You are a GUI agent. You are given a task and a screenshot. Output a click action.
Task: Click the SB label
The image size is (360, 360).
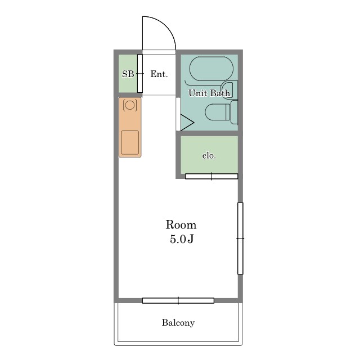point(128,74)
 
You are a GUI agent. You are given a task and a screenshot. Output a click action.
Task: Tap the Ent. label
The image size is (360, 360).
point(159,74)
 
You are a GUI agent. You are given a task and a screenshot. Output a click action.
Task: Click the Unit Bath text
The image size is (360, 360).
point(209,93)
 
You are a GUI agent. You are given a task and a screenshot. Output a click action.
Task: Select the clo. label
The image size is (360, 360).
point(209,156)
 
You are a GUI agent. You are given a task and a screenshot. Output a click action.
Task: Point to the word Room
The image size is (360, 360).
point(181,224)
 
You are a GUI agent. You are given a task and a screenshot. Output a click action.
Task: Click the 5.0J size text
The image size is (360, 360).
point(182,239)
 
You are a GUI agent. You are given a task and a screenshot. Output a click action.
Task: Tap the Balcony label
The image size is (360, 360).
point(178,322)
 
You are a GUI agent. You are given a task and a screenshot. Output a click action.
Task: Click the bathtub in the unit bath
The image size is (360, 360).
point(211,69)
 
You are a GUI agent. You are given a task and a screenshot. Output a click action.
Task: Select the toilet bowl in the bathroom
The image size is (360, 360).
point(217,112)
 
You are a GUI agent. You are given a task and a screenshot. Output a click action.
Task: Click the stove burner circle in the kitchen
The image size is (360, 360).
point(130,105)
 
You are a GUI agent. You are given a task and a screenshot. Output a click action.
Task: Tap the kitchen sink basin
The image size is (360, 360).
point(130,142)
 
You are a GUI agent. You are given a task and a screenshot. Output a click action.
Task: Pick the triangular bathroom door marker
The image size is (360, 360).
point(187,123)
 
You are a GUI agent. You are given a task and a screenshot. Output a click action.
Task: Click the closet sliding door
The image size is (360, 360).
point(211,176)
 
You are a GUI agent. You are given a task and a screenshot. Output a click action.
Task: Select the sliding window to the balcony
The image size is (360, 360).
point(178,300)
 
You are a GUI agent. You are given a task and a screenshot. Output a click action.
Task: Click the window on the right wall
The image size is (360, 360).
point(240,238)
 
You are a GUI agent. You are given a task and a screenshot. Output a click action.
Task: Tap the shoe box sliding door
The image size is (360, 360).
point(140,74)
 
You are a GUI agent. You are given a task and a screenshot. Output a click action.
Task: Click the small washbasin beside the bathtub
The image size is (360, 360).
point(227,89)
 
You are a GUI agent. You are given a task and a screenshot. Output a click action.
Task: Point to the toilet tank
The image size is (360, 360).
point(234,112)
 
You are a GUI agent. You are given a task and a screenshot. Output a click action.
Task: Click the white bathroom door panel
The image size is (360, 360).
point(178,114)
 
